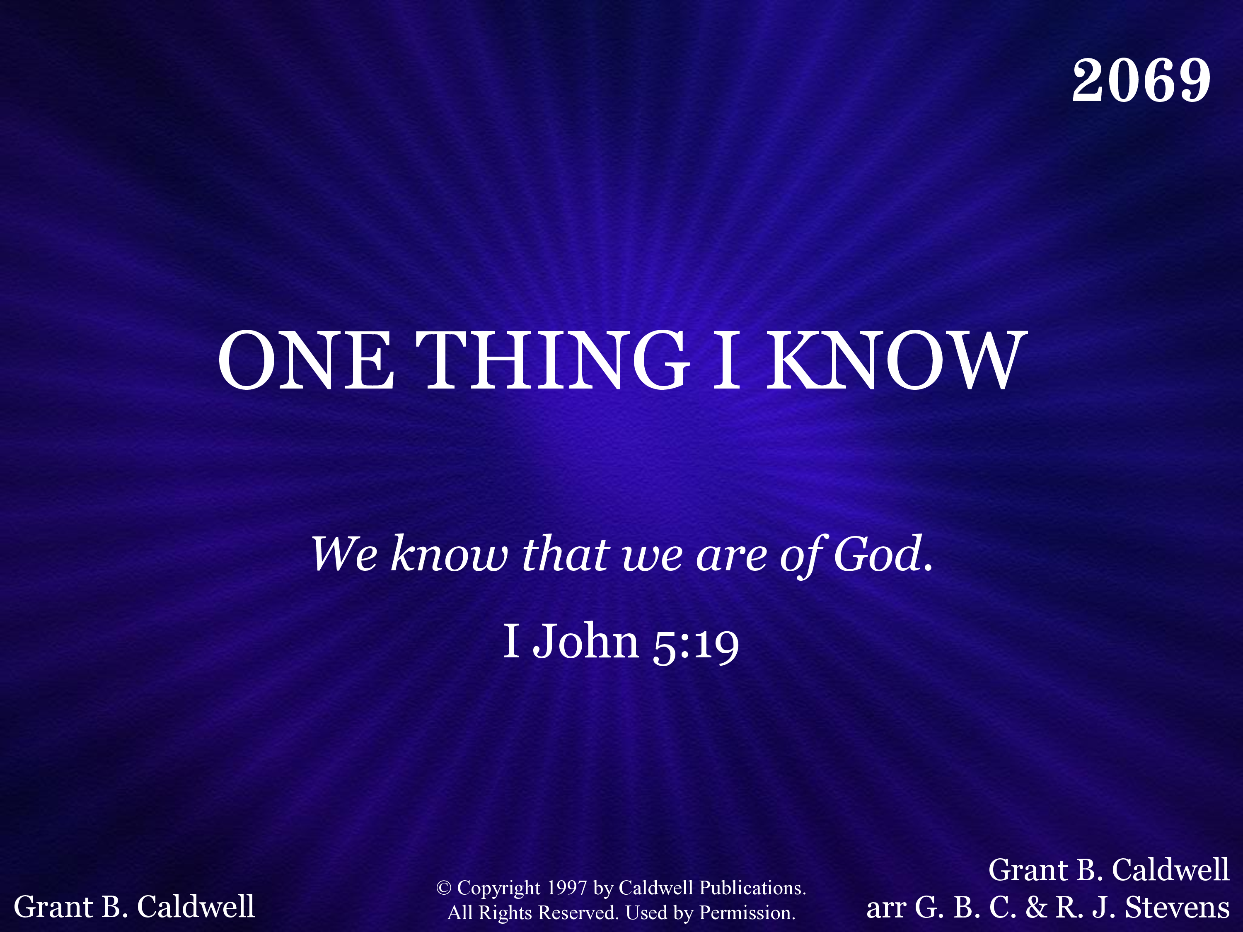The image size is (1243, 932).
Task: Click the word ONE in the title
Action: click(x=306, y=360)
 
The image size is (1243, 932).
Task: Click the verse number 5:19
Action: click(x=696, y=644)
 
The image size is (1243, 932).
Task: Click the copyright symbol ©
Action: click(x=444, y=888)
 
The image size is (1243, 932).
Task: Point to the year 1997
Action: click(x=567, y=888)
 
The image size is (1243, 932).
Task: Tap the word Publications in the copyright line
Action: click(x=752, y=888)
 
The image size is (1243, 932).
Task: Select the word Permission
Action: click(x=747, y=913)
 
